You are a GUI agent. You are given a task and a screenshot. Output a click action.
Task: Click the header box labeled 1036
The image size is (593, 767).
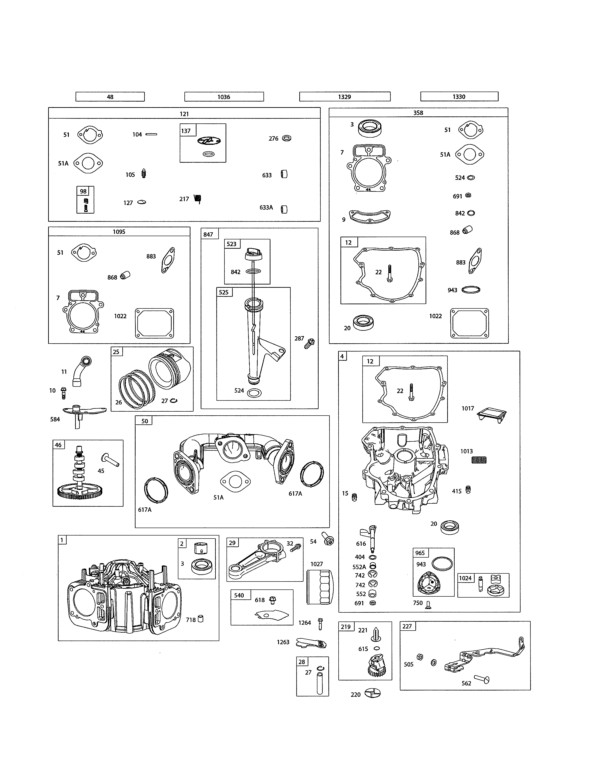click(224, 97)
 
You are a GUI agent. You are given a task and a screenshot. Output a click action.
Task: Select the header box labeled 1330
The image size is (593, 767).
click(459, 97)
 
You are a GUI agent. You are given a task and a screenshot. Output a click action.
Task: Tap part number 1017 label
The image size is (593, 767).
click(468, 408)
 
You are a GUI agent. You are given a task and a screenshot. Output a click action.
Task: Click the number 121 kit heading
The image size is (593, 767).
click(184, 114)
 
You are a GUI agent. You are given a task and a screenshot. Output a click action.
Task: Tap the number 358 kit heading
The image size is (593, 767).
click(418, 113)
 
